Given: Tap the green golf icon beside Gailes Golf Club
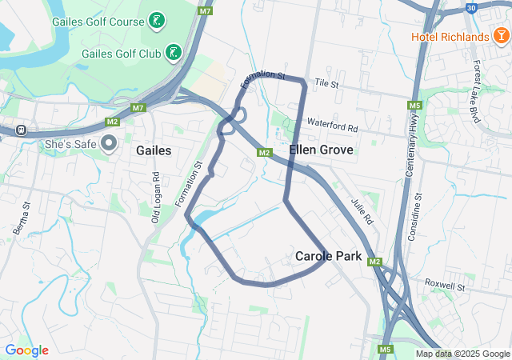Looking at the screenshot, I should [173, 53].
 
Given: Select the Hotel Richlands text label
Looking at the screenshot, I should [450, 37].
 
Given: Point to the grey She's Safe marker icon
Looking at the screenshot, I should [110, 143].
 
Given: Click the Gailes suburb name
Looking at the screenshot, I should [154, 150].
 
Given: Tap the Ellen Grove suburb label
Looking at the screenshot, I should [315, 150].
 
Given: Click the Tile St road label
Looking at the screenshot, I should [327, 83].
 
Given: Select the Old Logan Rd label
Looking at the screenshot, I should [157, 197].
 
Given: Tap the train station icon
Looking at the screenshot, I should [20, 130].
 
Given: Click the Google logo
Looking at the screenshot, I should [27, 350].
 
